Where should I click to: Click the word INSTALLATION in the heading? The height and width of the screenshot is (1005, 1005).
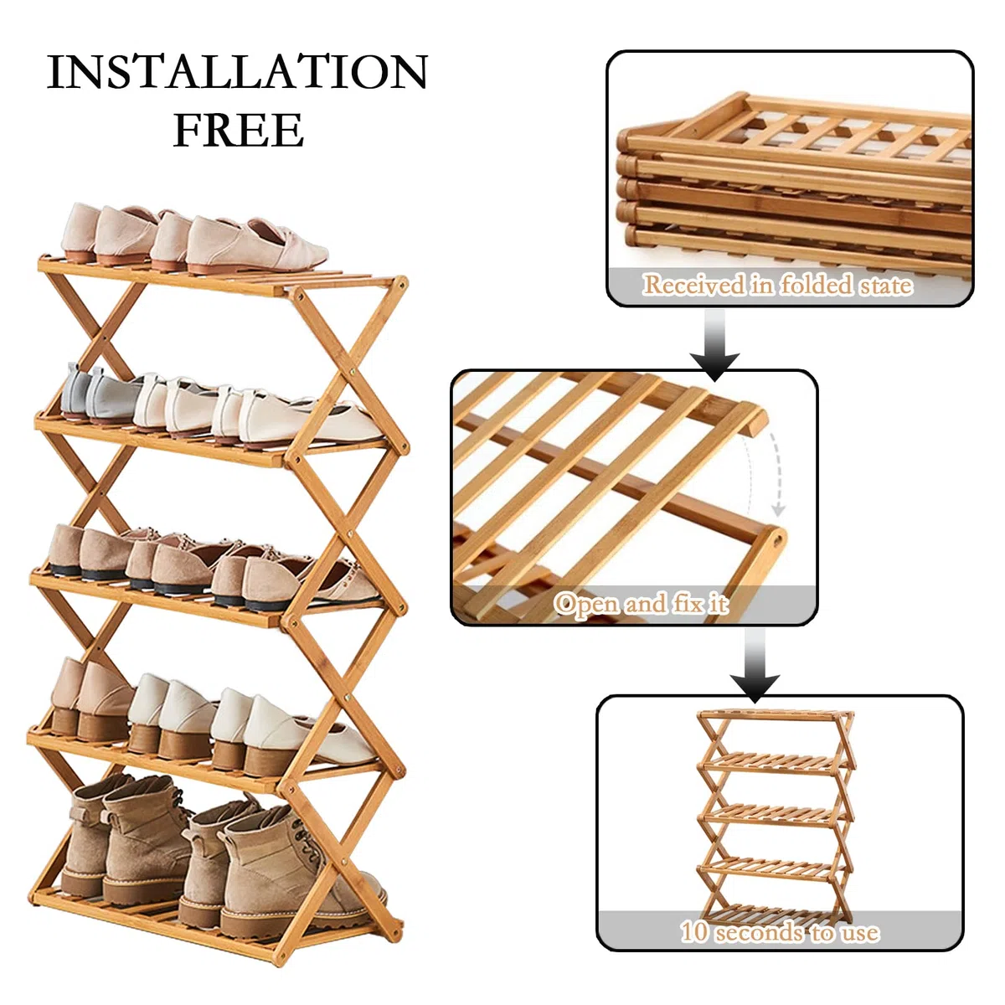(x=237, y=71)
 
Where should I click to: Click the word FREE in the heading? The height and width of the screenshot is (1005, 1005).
(x=239, y=129)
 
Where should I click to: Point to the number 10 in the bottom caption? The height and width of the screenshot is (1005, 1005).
(x=694, y=942)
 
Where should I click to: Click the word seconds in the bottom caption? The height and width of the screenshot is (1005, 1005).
(x=767, y=942)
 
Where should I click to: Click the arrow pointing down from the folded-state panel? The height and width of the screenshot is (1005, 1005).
(x=715, y=345)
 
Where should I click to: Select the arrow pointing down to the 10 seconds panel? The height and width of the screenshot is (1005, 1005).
(x=755, y=666)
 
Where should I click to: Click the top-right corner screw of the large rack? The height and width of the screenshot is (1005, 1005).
(x=400, y=284)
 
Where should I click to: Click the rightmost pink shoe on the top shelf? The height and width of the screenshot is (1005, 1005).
(x=255, y=245)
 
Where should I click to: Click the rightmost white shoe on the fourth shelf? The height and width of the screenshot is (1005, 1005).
(x=307, y=736)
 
